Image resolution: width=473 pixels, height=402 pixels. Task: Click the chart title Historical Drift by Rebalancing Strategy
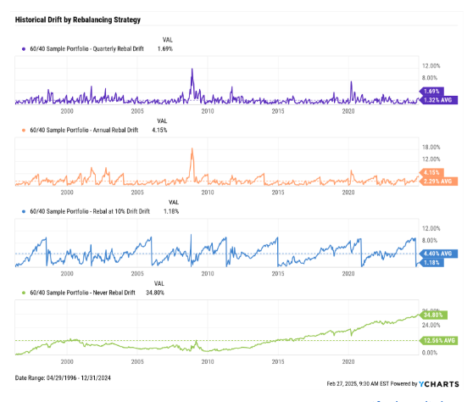(x=79, y=20)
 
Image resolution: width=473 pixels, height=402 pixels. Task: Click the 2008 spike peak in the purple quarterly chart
(x=193, y=70)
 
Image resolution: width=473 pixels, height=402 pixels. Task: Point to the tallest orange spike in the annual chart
(x=192, y=150)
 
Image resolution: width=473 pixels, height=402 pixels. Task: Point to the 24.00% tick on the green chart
(x=432, y=324)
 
